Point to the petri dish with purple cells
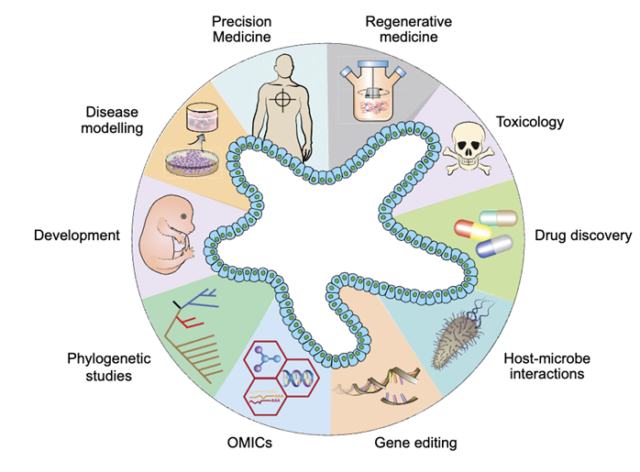tap(194, 162)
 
